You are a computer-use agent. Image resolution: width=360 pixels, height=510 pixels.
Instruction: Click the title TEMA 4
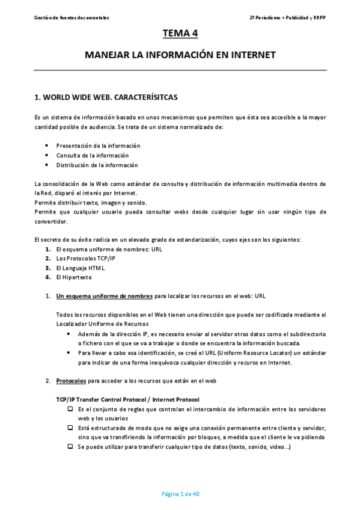(180, 33)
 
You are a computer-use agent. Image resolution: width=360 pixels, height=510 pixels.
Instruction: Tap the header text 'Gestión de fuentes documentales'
(72, 18)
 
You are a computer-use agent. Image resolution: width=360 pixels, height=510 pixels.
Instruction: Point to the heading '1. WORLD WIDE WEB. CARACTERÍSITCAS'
(106, 96)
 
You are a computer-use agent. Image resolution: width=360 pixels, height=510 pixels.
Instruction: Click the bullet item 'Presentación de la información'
(98, 146)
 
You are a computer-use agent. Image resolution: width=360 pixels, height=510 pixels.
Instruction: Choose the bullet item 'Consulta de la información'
(93, 155)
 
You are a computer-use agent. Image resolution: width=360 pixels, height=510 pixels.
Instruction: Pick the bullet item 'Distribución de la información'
(97, 165)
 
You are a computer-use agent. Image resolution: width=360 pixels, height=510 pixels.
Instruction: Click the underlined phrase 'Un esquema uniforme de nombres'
(105, 296)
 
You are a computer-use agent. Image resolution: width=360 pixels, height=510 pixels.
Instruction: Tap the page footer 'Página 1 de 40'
(180, 494)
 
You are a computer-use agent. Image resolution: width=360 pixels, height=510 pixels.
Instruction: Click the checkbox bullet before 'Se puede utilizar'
(70, 447)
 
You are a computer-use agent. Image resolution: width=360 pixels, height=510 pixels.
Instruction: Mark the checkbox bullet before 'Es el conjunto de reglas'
(70, 409)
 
